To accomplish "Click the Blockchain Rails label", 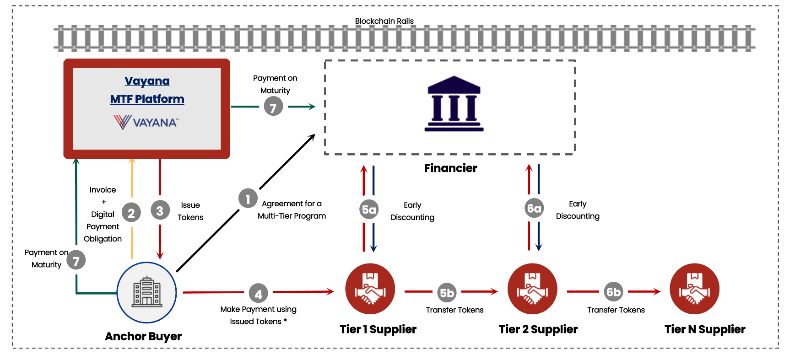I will pos(384,21).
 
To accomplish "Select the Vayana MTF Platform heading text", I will pos(147,90).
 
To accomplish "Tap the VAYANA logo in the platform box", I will pos(146,122).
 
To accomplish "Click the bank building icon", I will pos(454,104).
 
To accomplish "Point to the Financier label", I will pos(450,168).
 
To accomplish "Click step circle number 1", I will pos(248,199).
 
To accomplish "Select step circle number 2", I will pos(131,212).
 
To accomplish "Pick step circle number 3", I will pos(160,211).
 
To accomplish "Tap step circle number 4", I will pos(258,294).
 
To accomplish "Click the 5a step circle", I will pos(369,210).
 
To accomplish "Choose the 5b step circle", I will pos(447,292).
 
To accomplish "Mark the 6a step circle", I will pos(534,208).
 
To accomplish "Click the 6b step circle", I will pos(613,291).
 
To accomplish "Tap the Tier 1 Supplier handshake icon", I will pos(370,289).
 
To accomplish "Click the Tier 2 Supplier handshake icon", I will pos(532,289).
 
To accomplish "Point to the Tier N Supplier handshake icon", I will pos(694,289).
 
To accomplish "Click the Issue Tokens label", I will pos(190,211).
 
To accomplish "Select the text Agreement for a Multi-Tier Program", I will pos(292,210).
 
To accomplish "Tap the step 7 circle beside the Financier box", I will pos(273,107).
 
